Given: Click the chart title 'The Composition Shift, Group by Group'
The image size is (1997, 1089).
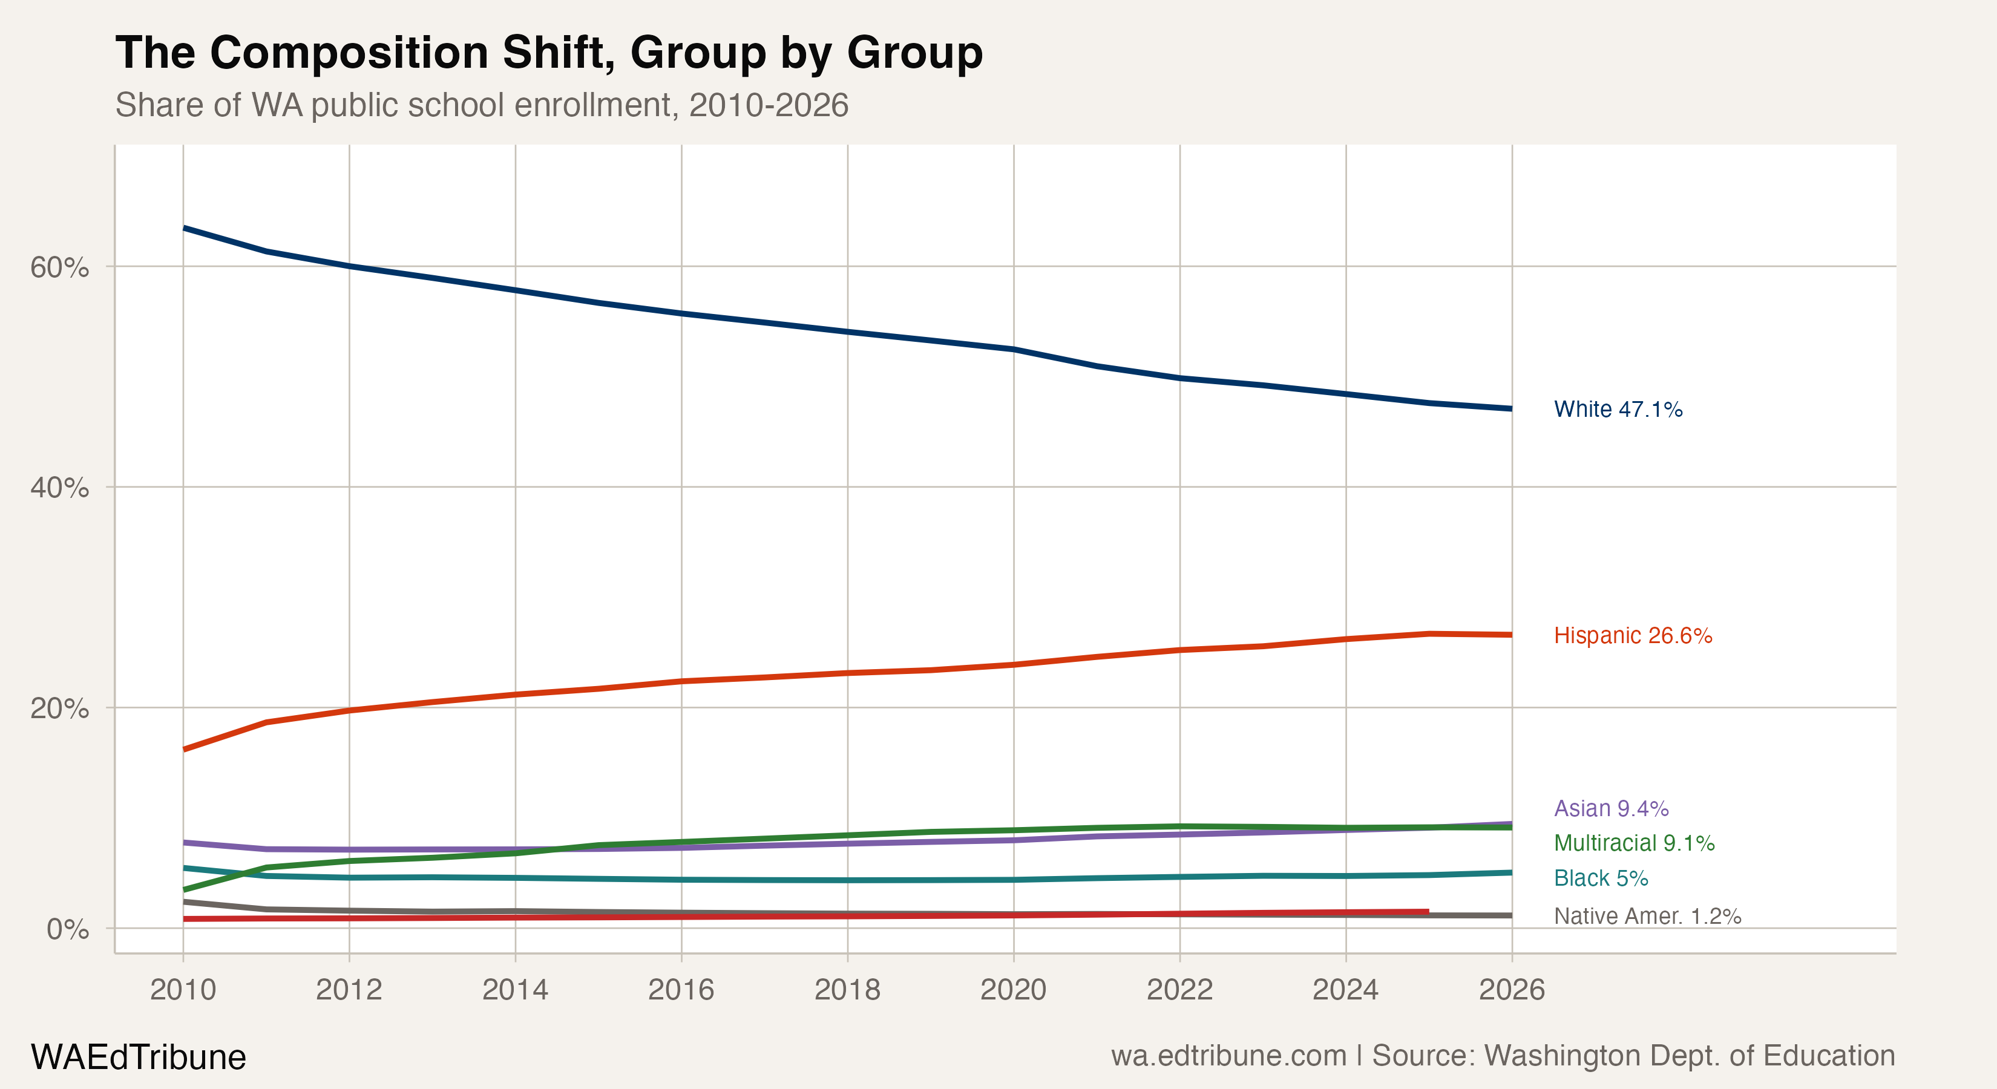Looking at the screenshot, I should (x=549, y=53).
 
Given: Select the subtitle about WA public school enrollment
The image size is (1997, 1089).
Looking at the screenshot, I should (x=482, y=105).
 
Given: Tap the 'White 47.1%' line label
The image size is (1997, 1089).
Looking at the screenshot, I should (x=1618, y=409).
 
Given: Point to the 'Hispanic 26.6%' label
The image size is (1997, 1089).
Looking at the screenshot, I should (x=1633, y=636).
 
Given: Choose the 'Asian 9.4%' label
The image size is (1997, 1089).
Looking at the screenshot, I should (x=1611, y=808).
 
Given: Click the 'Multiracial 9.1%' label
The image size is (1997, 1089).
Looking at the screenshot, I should (x=1634, y=843).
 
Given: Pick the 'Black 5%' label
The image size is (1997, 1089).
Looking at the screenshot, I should (x=1601, y=878).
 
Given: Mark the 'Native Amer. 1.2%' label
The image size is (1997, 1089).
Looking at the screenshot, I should (x=1647, y=916).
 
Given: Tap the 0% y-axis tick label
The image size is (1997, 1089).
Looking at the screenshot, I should (x=67, y=929).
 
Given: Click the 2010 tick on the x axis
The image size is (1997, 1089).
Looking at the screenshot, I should (x=183, y=990).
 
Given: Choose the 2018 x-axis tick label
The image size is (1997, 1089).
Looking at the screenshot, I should (x=847, y=990).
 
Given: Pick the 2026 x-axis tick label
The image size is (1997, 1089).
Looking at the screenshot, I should (x=1512, y=990).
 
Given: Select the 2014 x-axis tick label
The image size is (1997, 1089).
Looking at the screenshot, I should (x=515, y=990).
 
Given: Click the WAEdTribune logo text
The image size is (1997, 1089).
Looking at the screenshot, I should (x=138, y=1057).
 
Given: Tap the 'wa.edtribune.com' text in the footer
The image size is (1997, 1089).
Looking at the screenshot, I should (x=1228, y=1056).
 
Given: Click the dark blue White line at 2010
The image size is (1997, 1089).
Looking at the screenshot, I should (x=185, y=228).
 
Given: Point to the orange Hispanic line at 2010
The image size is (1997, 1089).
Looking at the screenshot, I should (x=185, y=749).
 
